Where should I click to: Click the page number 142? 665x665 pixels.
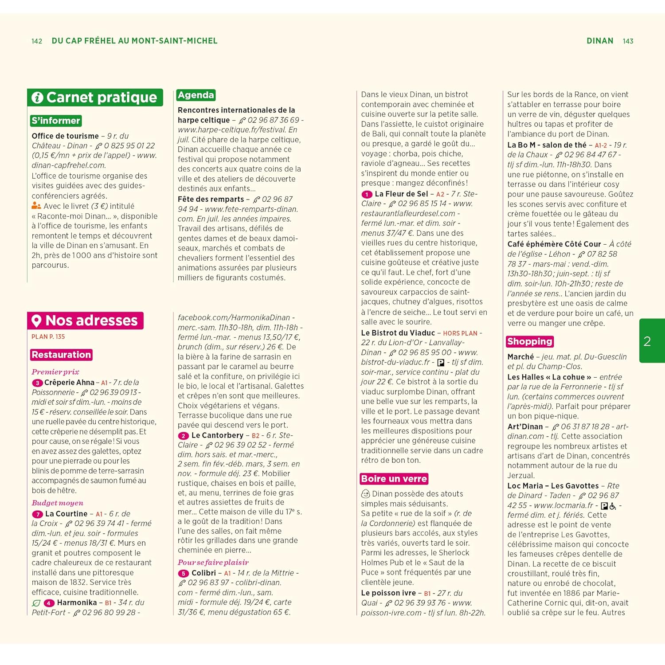coord(37,41)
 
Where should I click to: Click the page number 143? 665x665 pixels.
coord(628,41)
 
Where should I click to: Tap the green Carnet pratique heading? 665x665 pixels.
coord(95,98)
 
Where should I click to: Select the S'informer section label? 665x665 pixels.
coord(56,121)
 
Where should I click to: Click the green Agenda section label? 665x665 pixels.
coord(196,95)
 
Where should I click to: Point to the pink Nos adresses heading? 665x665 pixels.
coord(86,321)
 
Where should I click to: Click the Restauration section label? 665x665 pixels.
coord(61,355)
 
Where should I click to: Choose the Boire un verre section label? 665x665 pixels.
coord(394,479)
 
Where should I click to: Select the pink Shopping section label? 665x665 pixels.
coord(530,341)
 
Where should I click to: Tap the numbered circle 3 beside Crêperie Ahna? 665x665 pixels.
coord(37,383)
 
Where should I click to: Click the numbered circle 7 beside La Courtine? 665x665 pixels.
coord(37,514)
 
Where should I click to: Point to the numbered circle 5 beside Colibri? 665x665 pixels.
coord(184,574)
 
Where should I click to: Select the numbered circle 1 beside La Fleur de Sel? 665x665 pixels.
coord(367,194)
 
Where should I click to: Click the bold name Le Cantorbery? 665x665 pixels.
coord(217,435)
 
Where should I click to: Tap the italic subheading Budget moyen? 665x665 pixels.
coord(57,503)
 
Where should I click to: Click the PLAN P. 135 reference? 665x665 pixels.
coord(48,337)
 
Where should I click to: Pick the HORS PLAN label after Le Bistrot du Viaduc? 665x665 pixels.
coord(460,333)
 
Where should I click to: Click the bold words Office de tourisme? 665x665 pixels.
coord(65,136)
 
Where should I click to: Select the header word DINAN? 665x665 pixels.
coord(600,41)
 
